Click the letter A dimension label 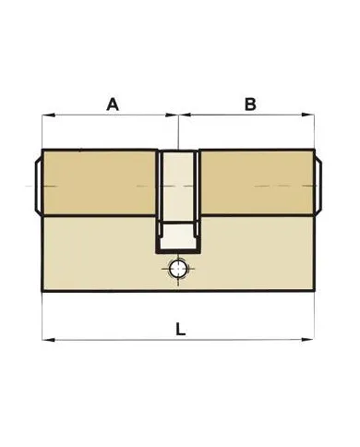(113, 104)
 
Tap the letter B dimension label (249, 104)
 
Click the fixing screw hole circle (177, 270)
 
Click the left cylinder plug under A (97, 183)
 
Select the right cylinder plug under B (257, 183)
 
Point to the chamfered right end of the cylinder (319, 184)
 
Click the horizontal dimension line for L (111, 340)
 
